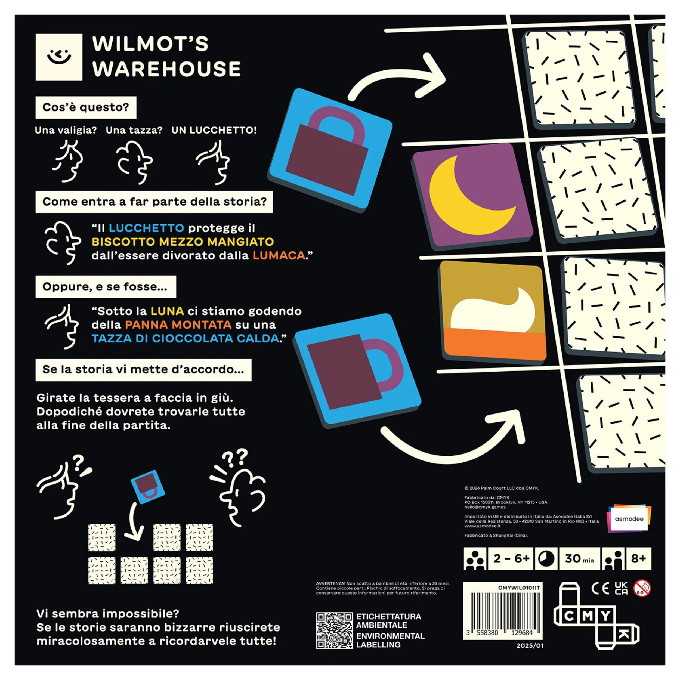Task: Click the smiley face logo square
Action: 59,57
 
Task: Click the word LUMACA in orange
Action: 279,255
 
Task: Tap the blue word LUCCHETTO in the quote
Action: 146,228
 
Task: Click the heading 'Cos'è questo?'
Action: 86,107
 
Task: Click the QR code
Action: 334,630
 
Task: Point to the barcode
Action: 503,613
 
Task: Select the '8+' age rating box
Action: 638,559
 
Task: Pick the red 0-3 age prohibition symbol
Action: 642,588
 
